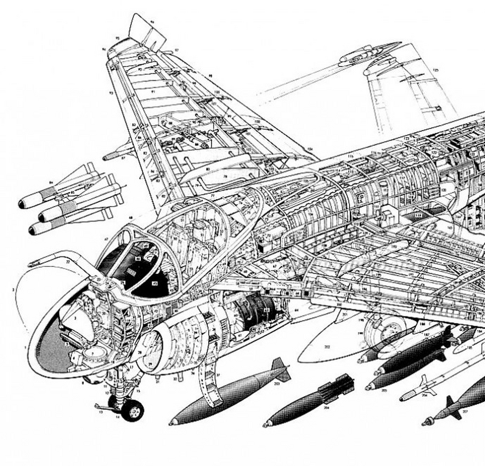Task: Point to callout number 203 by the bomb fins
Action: point(277,383)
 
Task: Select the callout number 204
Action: point(326,408)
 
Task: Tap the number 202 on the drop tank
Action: point(327,347)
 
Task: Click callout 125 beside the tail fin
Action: point(435,70)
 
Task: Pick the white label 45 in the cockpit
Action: point(155,283)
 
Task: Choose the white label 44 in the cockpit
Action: point(138,258)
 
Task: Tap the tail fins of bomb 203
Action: point(281,368)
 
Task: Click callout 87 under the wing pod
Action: point(123,158)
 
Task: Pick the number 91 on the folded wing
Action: point(153,92)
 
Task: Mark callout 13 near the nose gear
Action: point(101,412)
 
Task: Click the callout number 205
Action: point(384,390)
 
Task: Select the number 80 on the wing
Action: point(208,169)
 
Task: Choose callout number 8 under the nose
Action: point(83,383)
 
